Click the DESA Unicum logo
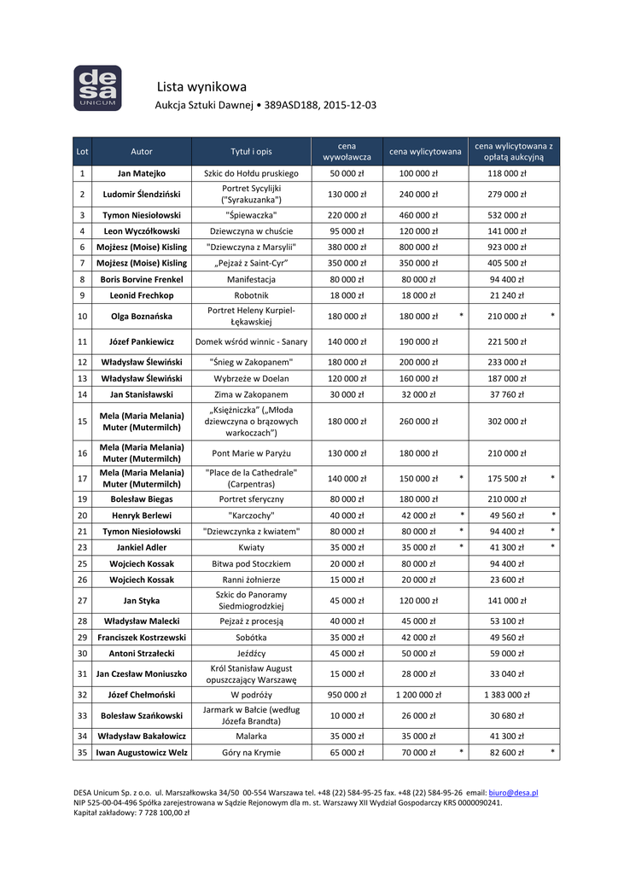click(97, 88)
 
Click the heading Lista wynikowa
click(201, 86)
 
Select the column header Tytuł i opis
click(251, 151)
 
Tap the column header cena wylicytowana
click(425, 151)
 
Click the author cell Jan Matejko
click(142, 173)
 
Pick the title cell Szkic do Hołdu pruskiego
click(251, 173)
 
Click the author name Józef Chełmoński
click(142, 695)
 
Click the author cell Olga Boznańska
click(142, 316)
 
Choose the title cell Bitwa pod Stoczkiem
click(251, 563)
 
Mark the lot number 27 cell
click(82, 600)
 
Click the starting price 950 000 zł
click(347, 695)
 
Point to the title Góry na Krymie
click(251, 753)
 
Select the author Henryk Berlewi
click(142, 516)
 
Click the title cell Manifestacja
click(251, 279)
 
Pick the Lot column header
click(82, 151)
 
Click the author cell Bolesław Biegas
click(142, 498)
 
